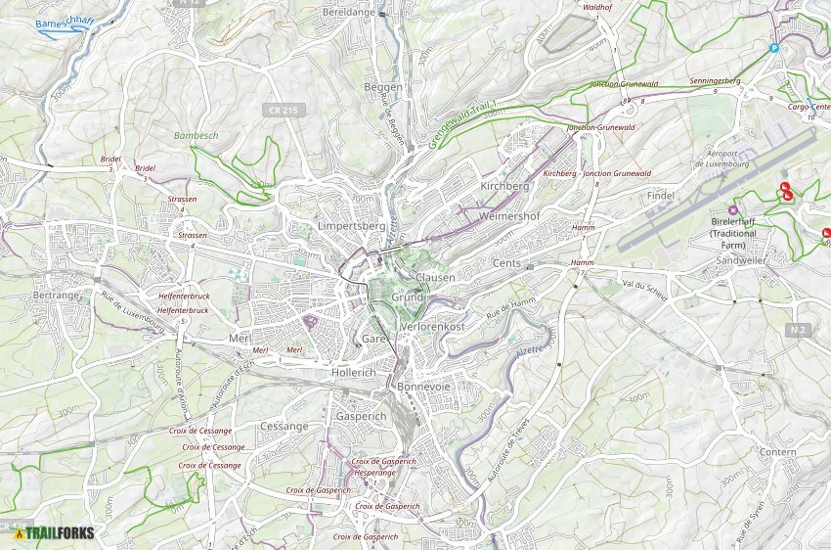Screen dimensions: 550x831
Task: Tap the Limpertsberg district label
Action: tap(351, 226)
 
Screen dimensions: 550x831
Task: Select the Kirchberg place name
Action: tap(504, 186)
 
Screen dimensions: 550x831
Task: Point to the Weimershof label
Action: tap(510, 215)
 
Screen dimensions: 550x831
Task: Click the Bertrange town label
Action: tap(55, 295)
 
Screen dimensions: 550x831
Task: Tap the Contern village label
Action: tap(778, 452)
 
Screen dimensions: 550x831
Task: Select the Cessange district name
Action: tap(284, 427)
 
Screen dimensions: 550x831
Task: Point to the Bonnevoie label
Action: tap(422, 387)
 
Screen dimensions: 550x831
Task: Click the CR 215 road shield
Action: tap(281, 111)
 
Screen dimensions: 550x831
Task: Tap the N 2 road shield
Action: tap(798, 330)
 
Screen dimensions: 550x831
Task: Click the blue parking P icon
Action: tap(773, 47)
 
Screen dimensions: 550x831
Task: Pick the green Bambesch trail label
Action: tap(196, 135)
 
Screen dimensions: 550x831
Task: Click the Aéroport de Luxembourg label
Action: tap(727, 159)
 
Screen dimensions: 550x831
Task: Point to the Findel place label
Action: tap(661, 196)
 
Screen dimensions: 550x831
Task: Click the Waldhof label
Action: tap(596, 7)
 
